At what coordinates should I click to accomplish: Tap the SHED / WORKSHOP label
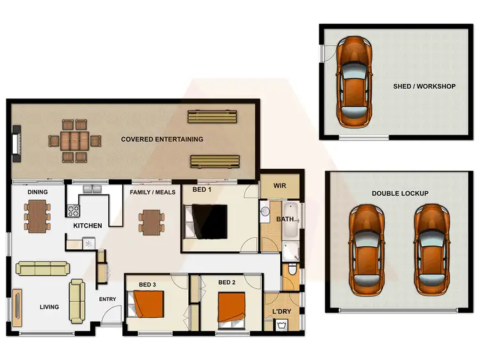424,86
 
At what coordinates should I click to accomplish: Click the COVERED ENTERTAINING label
162,139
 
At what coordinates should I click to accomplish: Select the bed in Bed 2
232,308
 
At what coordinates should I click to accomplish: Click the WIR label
280,187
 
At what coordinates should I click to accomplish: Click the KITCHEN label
88,226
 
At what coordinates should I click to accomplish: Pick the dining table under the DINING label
38,215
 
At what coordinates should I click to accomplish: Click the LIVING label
49,307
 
